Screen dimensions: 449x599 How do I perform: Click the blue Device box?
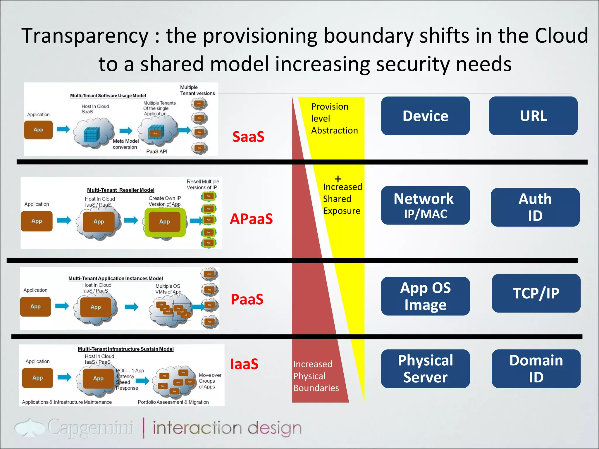point(425,116)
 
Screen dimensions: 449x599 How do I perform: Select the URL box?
point(533,116)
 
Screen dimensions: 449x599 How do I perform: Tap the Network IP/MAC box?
point(425,205)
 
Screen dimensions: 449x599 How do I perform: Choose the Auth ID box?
point(535,207)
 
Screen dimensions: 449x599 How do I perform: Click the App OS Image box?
point(425,296)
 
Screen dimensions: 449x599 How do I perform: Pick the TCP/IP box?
point(536,293)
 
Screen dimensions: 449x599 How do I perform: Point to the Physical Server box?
point(425,369)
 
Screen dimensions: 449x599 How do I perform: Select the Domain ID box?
point(536,369)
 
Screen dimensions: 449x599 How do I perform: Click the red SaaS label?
point(248,137)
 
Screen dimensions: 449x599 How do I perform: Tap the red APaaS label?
point(251,219)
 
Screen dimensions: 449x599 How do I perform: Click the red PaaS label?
point(247,299)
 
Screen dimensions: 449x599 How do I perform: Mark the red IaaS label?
point(244,364)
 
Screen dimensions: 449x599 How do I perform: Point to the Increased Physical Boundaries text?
point(316,376)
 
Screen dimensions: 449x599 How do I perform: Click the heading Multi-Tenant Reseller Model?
point(121,190)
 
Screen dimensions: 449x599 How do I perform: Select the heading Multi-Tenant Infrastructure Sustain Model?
point(125,349)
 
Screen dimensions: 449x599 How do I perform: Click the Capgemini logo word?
point(91,428)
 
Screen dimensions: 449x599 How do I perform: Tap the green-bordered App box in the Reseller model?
point(165,222)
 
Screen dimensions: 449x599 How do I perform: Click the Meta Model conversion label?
point(125,144)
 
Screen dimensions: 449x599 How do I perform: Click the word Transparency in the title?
point(85,36)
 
